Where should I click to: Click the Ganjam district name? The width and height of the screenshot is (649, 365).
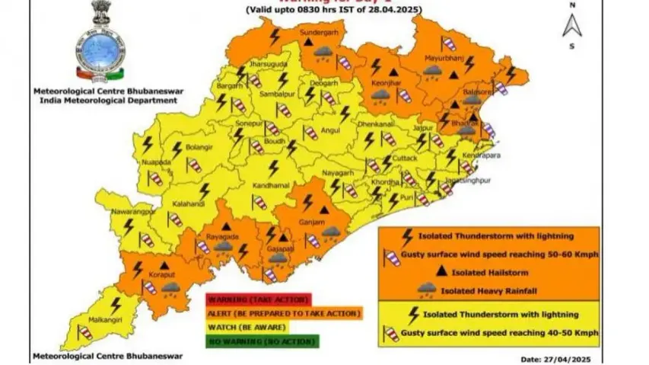point(323,222)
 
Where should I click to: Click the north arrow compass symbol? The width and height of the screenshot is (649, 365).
point(572,26)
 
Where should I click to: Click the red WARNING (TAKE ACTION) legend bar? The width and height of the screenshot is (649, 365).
point(250,298)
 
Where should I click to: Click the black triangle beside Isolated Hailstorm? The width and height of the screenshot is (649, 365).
point(444,271)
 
